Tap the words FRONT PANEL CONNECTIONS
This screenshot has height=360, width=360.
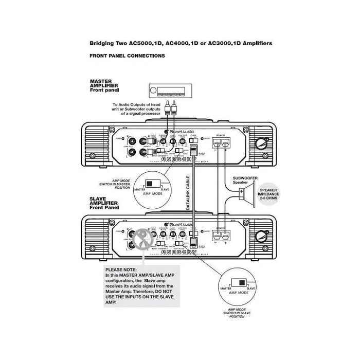[127, 56]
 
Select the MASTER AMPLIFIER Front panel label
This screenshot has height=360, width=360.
[104, 85]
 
